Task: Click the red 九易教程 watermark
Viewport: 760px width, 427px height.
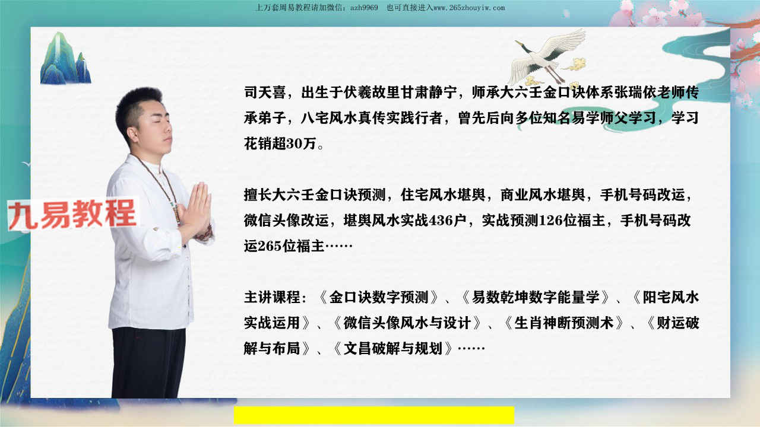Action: tap(72, 213)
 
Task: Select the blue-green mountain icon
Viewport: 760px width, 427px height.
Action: tap(65, 58)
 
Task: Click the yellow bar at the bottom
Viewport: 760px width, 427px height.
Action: tap(374, 415)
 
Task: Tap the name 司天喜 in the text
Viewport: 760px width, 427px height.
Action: tap(265, 93)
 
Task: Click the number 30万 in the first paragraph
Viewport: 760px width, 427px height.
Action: tap(301, 144)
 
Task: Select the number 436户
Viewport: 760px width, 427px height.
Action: tap(448, 221)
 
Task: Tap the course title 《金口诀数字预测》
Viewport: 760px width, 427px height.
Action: tap(378, 297)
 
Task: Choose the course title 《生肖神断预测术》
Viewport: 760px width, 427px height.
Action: tap(563, 323)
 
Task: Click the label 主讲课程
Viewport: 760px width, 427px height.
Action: tap(272, 297)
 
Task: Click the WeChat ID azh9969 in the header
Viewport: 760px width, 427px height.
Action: tap(364, 8)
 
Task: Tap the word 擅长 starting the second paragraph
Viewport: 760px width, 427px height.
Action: tap(258, 195)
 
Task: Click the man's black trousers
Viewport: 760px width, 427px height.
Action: tap(148, 362)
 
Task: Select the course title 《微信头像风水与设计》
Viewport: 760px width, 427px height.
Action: tap(407, 323)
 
